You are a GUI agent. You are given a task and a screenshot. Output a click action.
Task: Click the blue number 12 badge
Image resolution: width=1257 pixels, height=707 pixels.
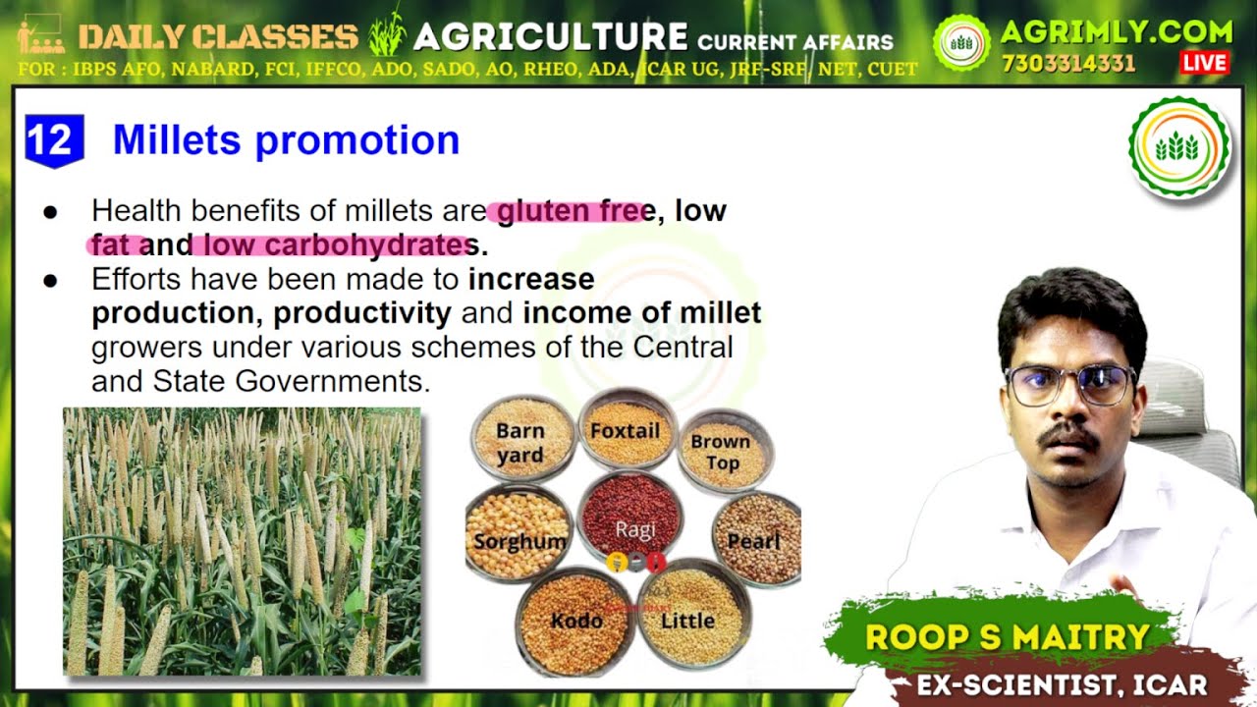(x=54, y=140)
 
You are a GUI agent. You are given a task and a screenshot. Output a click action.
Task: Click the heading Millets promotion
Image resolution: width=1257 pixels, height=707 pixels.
(x=286, y=140)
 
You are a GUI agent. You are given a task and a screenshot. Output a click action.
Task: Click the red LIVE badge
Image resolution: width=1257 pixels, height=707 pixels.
(x=1204, y=63)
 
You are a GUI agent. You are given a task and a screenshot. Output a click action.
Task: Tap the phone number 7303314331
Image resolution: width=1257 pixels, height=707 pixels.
(x=1068, y=64)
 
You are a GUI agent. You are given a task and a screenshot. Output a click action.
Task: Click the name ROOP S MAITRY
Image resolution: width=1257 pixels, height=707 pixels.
(x=1007, y=637)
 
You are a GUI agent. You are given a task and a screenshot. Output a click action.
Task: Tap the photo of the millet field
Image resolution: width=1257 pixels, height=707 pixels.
(x=242, y=541)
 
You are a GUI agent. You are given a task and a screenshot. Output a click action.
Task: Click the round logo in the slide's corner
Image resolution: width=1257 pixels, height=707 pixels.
(x=1178, y=147)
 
